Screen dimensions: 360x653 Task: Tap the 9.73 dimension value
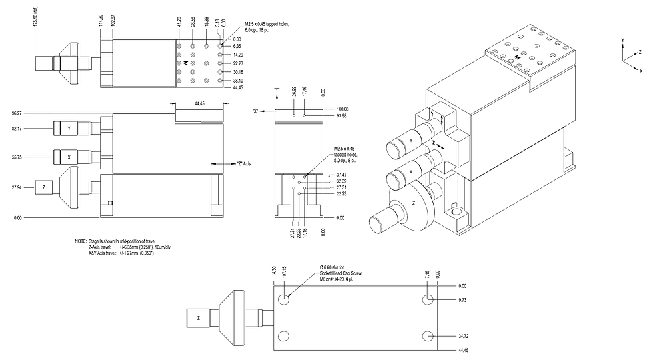462,301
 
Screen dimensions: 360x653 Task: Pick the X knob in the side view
69,157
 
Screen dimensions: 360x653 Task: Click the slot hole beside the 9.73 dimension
428,301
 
